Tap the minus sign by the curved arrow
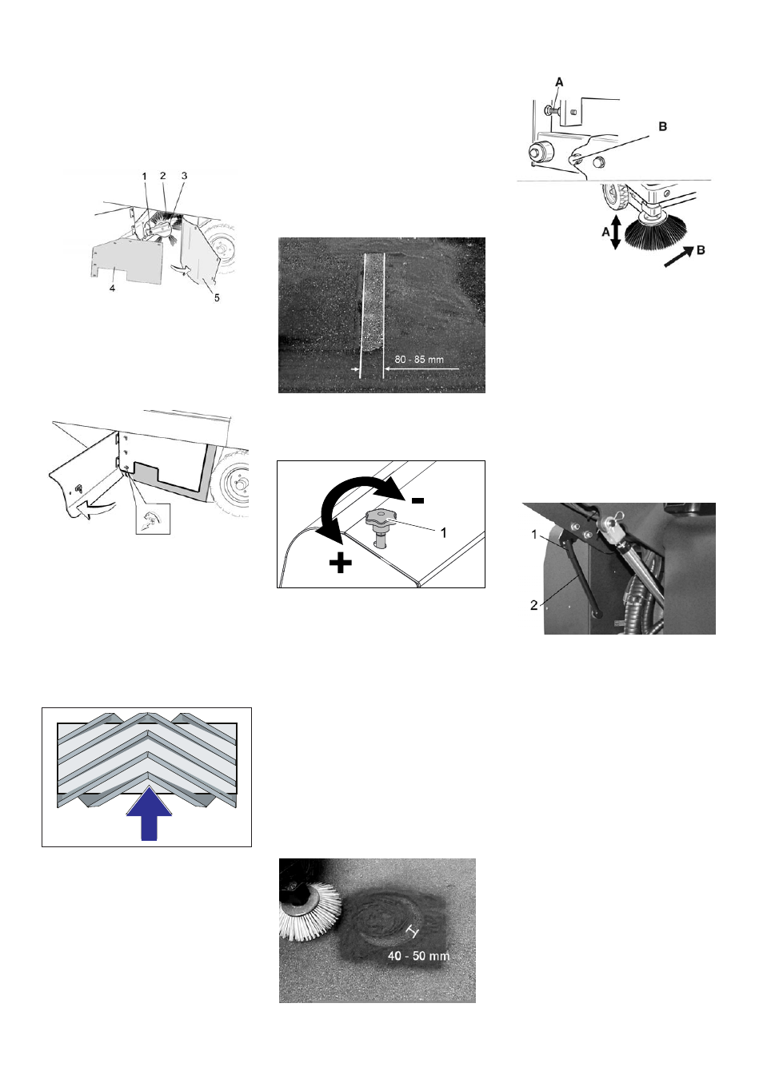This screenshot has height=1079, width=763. pos(417,501)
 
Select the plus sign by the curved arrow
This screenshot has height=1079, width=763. pos(340,563)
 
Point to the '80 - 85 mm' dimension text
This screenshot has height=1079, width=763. pos(419,360)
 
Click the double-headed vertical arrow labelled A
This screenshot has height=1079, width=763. pos(616,232)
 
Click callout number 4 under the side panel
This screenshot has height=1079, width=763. pos(112,288)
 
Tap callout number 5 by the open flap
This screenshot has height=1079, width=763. pos(217,298)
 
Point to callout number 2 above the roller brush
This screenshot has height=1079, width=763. pos(163,176)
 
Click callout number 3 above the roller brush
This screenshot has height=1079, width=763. pos(184,176)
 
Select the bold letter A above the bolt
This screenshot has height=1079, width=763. pos(559,82)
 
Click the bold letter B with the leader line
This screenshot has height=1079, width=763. pos(663,126)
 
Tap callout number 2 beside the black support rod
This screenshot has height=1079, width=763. pos(533,606)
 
